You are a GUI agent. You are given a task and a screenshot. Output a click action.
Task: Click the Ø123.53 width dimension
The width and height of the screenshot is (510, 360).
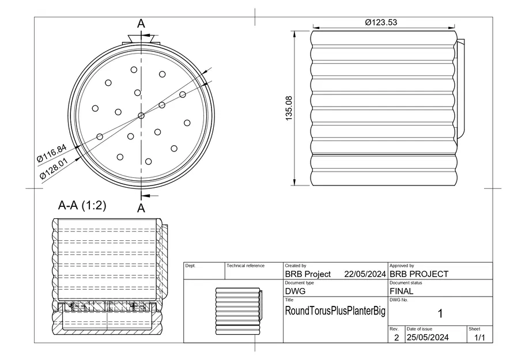pyautogui.click(x=381, y=22)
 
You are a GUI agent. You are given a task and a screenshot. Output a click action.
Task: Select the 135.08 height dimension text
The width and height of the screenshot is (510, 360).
pyautogui.click(x=289, y=108)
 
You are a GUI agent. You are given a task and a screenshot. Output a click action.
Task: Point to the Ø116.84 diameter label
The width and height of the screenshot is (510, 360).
pyautogui.click(x=51, y=153)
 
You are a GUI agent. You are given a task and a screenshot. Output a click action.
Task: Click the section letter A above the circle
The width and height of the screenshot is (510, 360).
pyautogui.click(x=141, y=24)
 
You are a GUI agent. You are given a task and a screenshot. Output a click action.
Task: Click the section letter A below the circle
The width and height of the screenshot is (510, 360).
pyautogui.click(x=141, y=207)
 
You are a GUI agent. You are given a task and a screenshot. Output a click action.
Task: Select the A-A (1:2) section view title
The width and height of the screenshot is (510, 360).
pyautogui.click(x=82, y=206)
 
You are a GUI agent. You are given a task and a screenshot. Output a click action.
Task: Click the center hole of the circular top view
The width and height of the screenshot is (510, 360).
pyautogui.click(x=141, y=116)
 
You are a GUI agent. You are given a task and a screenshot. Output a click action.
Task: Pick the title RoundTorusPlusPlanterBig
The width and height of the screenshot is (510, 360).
pyautogui.click(x=335, y=311)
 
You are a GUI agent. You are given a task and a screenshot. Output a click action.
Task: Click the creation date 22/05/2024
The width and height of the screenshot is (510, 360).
pyautogui.click(x=365, y=274)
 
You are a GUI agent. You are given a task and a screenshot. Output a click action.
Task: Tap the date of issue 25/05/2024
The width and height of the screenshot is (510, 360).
pyautogui.click(x=428, y=337)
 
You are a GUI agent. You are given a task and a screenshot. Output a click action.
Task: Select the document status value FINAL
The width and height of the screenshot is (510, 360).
pyautogui.click(x=401, y=291)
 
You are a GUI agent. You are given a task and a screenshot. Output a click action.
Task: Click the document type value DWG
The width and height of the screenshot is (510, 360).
pyautogui.click(x=295, y=291)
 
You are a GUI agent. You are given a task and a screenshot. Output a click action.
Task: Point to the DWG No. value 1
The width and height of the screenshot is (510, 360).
pyautogui.click(x=440, y=314)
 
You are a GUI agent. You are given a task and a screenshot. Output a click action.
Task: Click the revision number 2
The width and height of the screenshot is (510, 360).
pyautogui.click(x=396, y=338)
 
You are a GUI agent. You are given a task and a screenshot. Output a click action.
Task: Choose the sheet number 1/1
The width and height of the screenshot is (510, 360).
pyautogui.click(x=479, y=338)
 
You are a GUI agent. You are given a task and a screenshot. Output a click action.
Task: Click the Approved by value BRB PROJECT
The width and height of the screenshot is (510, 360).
pyautogui.click(x=419, y=274)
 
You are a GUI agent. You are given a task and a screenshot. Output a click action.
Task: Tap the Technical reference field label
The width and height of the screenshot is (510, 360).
pyautogui.click(x=245, y=266)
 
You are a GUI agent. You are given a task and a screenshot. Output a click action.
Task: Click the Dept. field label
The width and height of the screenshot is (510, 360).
pyautogui.click(x=191, y=266)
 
